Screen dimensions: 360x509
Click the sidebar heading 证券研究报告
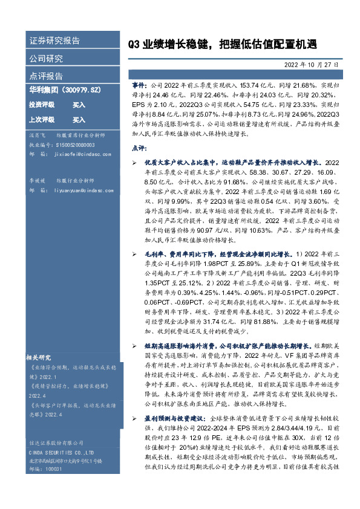point(54,42)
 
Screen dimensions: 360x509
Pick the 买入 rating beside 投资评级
point(79,105)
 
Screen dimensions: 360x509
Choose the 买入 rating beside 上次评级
point(79,120)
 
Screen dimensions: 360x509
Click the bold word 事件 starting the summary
point(139,87)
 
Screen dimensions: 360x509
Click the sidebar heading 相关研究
point(39,356)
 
